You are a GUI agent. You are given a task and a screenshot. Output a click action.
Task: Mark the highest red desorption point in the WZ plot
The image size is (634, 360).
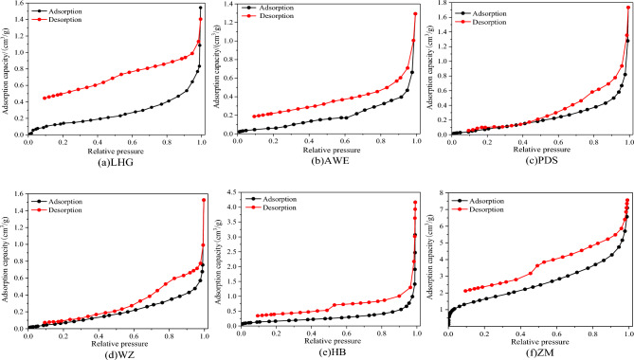[204, 200]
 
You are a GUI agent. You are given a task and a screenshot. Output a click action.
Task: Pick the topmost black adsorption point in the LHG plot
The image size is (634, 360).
[201, 8]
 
